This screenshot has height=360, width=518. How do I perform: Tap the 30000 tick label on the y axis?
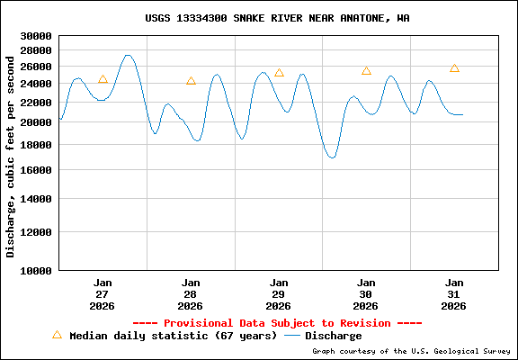tap(36, 37)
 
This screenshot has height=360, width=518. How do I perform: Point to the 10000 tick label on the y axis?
tap(36, 270)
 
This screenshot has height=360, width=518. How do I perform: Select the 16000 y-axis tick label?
tap(36, 170)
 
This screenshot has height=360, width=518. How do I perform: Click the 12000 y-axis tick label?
tap(36, 232)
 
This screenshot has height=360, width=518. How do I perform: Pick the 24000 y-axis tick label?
tap(36, 84)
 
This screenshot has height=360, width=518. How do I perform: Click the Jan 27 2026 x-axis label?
tap(103, 293)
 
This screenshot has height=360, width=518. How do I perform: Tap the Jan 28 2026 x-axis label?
tap(191, 293)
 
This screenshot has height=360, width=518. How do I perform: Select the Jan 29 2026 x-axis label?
tap(279, 293)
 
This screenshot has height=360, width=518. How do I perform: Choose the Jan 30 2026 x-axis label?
tap(366, 293)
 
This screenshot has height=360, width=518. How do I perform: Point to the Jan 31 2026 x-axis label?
tap(454, 293)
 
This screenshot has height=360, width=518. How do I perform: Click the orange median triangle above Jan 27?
tap(103, 79)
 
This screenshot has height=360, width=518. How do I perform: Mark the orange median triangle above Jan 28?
tap(191, 81)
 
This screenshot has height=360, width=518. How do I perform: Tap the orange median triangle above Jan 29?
tap(279, 73)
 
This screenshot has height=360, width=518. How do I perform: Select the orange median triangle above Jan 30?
tap(366, 71)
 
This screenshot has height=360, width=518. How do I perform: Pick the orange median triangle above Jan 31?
tap(454, 68)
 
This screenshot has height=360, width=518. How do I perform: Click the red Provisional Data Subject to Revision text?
tap(277, 323)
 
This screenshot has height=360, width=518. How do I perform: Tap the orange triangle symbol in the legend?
tap(57, 335)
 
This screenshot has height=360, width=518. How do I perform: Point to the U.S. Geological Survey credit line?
tap(411, 351)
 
